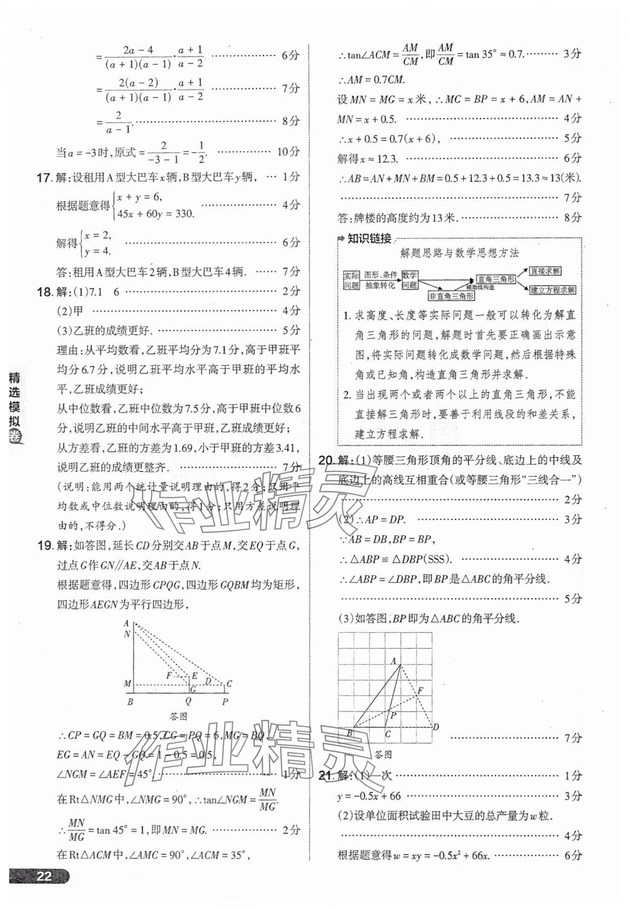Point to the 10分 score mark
tap(288, 151)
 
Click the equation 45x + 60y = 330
tap(156, 214)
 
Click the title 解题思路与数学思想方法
tap(459, 253)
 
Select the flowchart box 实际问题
tap(351, 280)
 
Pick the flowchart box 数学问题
tap(409, 280)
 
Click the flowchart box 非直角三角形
tap(451, 296)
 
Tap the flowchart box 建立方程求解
tap(552, 290)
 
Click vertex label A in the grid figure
tap(394, 661)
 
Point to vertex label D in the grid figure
tap(436, 726)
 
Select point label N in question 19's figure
tap(127, 634)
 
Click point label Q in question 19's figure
tap(188, 701)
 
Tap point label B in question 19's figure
tap(130, 701)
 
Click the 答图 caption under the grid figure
tap(384, 754)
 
